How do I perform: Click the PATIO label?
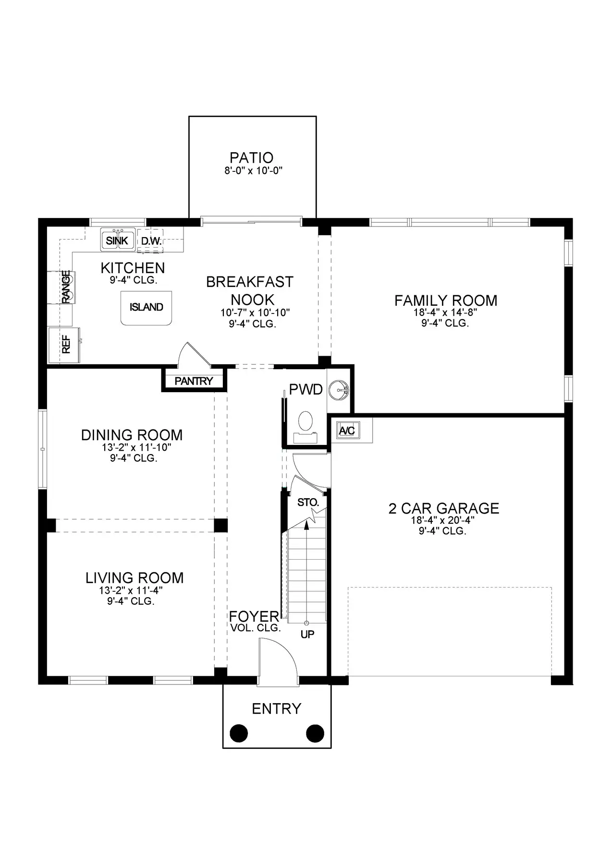pos(251,157)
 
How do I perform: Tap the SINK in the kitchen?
pos(117,240)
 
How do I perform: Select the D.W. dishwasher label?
pos(151,241)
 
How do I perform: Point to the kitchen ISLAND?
pos(146,307)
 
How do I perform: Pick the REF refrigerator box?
pos(65,345)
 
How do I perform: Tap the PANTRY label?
pos(194,381)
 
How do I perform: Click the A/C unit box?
pos(347,431)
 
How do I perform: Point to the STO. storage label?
pos(308,503)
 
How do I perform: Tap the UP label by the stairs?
pos(307,634)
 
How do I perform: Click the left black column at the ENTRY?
pos(239,733)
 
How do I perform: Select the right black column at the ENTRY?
pos(315,733)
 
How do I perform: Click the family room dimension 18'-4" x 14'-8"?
pos(445,312)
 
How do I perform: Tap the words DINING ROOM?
pos(132,435)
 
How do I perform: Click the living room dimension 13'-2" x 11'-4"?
pos(134,590)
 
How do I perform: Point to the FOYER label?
pos(254,616)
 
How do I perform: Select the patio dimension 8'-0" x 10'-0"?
pos(253,170)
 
